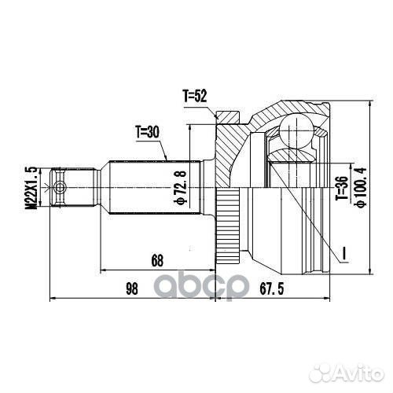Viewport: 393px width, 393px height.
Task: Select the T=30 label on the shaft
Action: coord(147,132)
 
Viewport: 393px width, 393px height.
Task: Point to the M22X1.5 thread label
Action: coord(32,187)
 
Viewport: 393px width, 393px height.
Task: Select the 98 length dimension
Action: coord(131,288)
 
